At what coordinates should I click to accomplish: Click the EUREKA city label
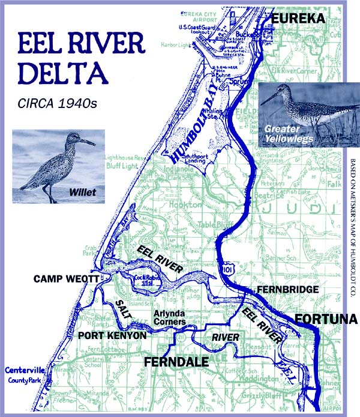click(x=298, y=19)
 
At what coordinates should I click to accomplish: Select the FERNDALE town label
click(x=176, y=362)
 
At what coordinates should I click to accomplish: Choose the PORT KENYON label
click(x=112, y=335)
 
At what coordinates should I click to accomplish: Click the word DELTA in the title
click(x=63, y=71)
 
